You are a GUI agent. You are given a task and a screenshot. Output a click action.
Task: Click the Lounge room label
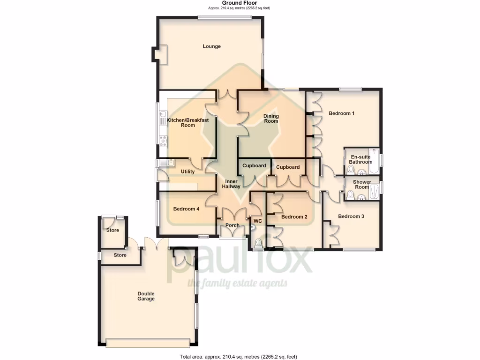[x=211, y=46]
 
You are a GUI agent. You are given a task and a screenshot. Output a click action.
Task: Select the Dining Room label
[x=271, y=119]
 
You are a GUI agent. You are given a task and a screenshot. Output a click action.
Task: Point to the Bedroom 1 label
[x=341, y=113]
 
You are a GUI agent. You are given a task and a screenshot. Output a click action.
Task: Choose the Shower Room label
[x=362, y=184]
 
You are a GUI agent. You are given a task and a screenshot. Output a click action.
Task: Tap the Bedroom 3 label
[x=351, y=217]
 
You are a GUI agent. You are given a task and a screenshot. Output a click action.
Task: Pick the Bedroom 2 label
[x=294, y=217]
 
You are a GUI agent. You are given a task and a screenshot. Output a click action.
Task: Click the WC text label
[x=257, y=221]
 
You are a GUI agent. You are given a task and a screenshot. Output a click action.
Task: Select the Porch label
[x=232, y=225]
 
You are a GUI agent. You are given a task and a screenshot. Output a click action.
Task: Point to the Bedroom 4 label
[x=187, y=209]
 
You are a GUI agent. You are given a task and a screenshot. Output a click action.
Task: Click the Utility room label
[x=187, y=172]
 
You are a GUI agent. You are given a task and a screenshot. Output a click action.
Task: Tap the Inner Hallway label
[x=232, y=184]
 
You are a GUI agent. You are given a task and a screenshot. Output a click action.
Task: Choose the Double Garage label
[x=146, y=296]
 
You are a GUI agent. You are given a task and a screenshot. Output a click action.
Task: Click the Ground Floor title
[x=239, y=3]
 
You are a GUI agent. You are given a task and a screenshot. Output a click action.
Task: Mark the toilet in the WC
[x=258, y=243]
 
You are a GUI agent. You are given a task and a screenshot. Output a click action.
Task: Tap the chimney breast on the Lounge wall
[x=158, y=53]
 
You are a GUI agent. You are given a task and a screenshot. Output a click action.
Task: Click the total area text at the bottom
[x=239, y=357]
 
